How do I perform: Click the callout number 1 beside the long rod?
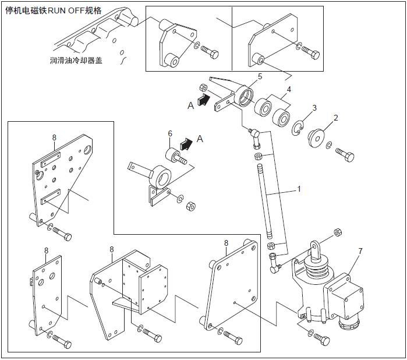(299, 189)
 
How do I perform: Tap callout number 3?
(314, 108)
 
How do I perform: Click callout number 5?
(260, 76)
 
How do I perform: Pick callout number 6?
(171, 133)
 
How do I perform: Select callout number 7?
(360, 251)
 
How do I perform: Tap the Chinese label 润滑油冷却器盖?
(76, 60)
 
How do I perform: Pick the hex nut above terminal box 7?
(338, 234)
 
